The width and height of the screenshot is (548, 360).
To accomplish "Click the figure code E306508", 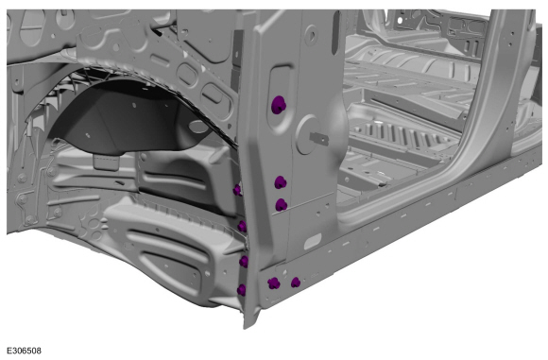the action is click(24, 351).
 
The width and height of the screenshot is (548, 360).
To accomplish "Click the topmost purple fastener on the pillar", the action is click(279, 105).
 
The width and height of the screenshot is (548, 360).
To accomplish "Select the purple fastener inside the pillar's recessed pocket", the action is click(279, 105).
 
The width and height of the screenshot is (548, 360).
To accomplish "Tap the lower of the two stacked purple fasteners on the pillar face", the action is click(281, 205).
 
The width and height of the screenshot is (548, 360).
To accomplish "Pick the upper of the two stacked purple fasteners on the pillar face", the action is click(281, 182).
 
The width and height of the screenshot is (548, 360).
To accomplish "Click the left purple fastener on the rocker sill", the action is click(274, 283).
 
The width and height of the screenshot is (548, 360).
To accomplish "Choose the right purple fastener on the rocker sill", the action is click(296, 283).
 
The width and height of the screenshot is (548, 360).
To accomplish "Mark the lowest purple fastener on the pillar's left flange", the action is click(241, 290).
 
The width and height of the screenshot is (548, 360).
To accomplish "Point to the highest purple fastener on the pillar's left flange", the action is click(237, 190).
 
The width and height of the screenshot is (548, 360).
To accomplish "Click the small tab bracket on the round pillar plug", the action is click(319, 138).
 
